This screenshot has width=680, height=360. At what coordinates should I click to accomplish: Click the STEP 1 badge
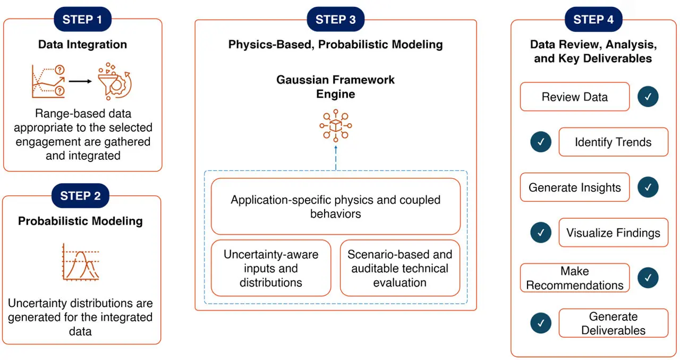(82, 20)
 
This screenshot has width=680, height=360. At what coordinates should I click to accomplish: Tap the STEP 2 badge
(80, 196)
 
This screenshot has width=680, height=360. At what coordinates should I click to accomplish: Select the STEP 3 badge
(335, 20)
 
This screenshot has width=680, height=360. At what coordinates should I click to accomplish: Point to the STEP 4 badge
(593, 20)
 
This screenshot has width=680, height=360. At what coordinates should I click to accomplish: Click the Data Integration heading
(82, 45)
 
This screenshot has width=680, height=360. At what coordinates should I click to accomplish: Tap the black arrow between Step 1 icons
(80, 81)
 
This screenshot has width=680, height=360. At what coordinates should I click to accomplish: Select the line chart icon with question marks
(48, 81)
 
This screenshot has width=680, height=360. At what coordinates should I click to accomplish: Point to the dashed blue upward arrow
(336, 158)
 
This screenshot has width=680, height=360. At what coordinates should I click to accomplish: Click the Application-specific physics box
(335, 207)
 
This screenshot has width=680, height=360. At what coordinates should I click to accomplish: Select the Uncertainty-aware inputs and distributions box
(271, 268)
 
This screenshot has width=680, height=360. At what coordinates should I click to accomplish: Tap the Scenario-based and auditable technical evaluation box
(399, 268)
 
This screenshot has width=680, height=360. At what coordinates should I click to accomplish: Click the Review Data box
(574, 97)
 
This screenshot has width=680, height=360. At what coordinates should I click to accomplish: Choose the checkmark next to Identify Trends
(541, 142)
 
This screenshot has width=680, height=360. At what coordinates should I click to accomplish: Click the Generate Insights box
(574, 187)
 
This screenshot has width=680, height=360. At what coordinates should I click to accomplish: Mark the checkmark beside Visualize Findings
(541, 233)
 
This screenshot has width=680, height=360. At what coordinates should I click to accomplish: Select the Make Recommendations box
(574, 278)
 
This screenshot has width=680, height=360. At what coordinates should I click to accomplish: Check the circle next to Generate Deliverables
(541, 323)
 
